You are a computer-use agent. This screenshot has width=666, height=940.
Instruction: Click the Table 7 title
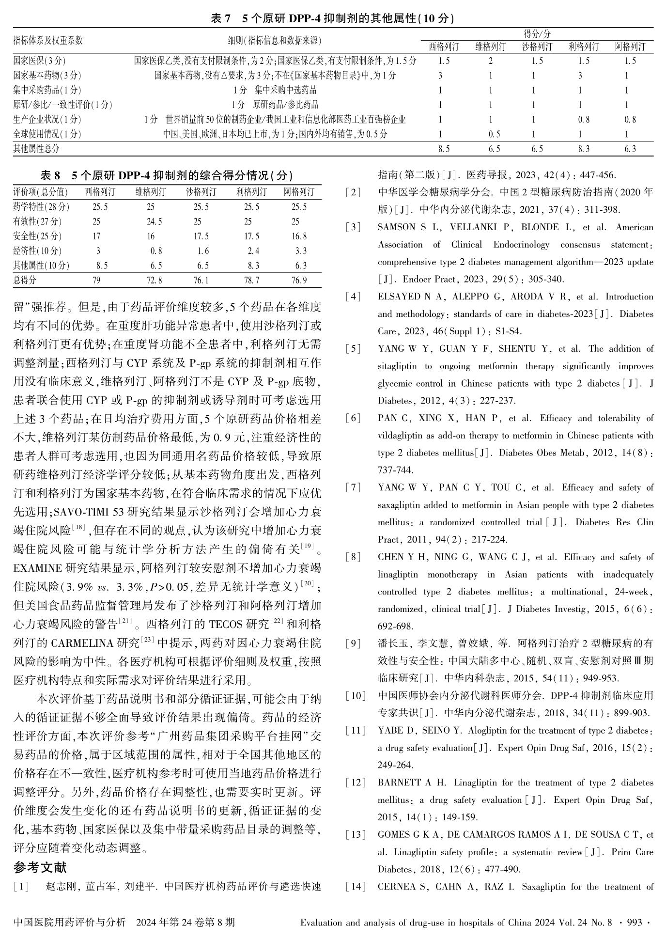click(333, 18)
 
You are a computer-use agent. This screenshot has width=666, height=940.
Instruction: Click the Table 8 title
click(167, 175)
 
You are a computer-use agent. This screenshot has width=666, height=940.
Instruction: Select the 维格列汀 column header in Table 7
click(491, 47)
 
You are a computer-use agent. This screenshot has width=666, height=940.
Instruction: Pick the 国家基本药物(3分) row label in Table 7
click(47, 76)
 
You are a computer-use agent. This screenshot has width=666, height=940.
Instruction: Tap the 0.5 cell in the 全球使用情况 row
click(494, 134)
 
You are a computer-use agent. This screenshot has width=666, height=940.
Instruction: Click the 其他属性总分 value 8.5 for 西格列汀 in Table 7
click(444, 149)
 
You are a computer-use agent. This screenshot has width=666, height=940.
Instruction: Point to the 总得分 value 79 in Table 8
click(96, 280)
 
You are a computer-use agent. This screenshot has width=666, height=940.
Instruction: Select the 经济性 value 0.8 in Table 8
click(156, 251)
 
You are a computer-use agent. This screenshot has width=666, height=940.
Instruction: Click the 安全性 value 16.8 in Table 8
click(301, 236)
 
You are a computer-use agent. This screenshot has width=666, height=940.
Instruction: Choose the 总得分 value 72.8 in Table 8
click(155, 280)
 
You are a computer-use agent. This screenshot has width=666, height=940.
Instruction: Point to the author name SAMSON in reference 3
click(396, 227)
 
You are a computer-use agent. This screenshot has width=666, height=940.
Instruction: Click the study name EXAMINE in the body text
click(38, 568)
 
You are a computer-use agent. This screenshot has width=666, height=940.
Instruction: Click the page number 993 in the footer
click(635, 923)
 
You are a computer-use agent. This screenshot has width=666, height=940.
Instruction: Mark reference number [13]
click(356, 834)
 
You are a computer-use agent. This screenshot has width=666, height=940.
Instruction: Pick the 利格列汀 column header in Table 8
click(251, 192)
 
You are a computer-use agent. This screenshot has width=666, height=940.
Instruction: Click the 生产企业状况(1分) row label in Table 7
click(47, 120)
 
